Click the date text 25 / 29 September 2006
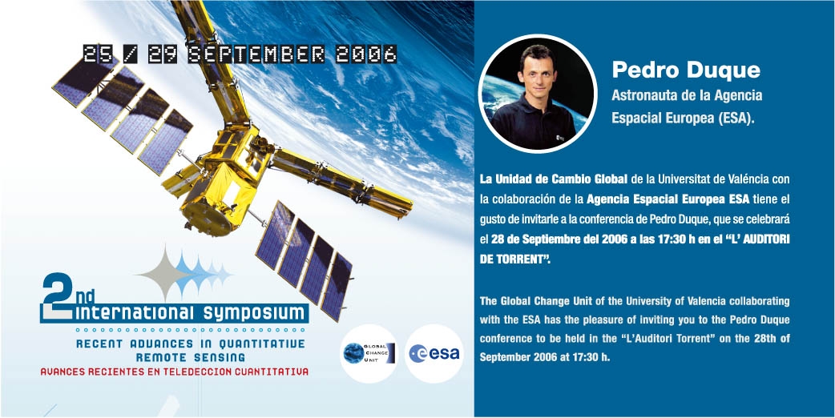tap(240, 54)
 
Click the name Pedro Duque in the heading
tap(686, 70)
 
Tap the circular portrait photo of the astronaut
tap(538, 94)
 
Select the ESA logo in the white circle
tap(434, 354)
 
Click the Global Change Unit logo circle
tap(369, 354)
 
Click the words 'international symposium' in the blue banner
tap(192, 313)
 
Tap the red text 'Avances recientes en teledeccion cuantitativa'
tap(175, 372)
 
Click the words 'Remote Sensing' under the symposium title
tap(191, 357)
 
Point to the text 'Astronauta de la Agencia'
tap(687, 96)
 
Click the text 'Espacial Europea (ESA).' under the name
tap(684, 119)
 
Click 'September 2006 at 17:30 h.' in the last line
tap(544, 357)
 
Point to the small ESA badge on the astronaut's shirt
tap(559, 137)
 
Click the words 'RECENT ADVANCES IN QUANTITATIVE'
tap(191, 344)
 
